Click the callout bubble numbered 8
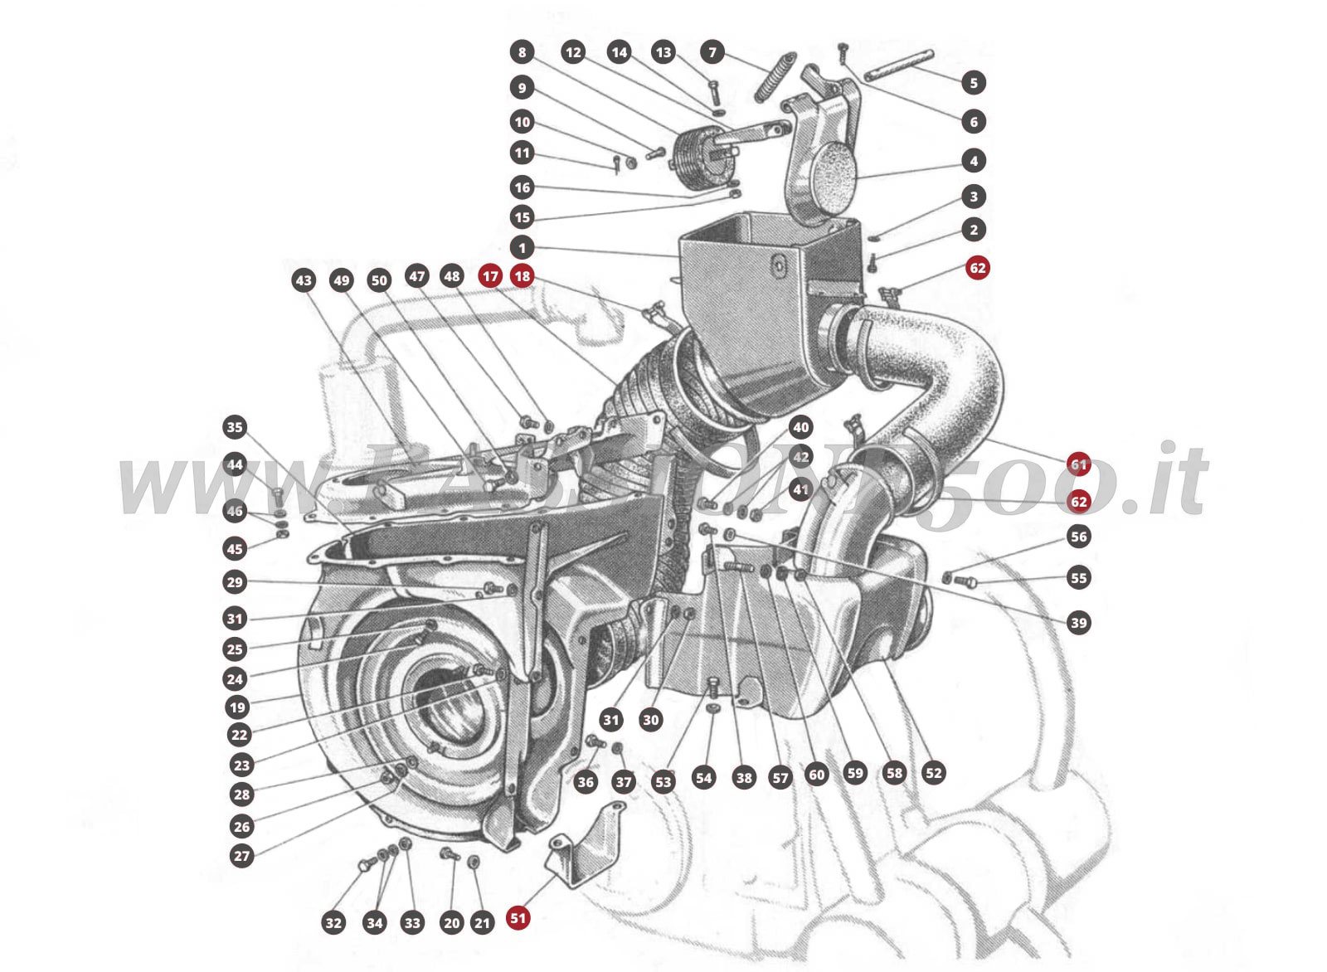[x=522, y=52]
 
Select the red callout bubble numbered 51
[x=518, y=918]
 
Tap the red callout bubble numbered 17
[x=490, y=276]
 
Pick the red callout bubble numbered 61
[x=1078, y=464]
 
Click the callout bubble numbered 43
[x=304, y=280]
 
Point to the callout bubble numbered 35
[x=235, y=427]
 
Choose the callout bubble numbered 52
[x=934, y=773]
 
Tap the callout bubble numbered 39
[x=1078, y=623]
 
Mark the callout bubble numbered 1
[x=522, y=247]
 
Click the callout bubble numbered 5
[x=974, y=82]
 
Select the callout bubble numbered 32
[x=333, y=923]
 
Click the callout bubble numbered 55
[x=1078, y=578]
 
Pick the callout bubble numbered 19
[x=238, y=707]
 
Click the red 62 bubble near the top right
[x=978, y=267]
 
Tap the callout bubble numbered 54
[x=703, y=777]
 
